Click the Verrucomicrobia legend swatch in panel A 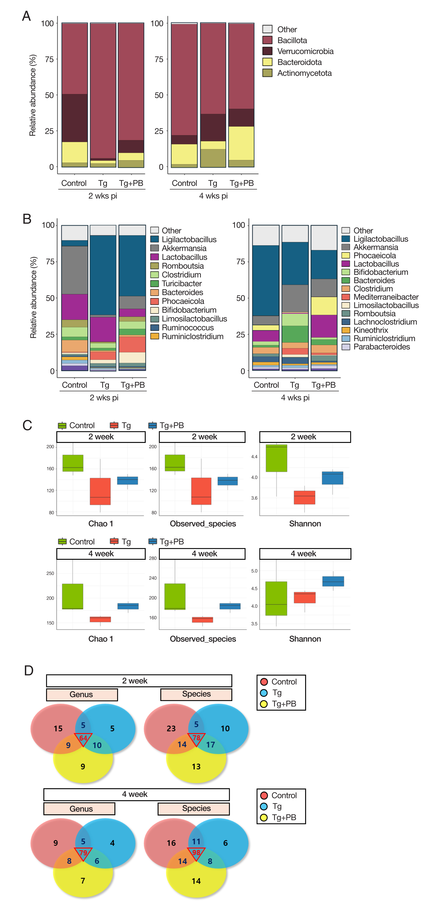tap(267, 51)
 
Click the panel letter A tap(27, 16)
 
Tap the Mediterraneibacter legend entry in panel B tap(386, 297)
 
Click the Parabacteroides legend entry tap(381, 347)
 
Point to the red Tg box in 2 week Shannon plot tap(305, 497)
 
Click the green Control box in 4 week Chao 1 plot tap(73, 597)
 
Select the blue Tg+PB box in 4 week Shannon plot tap(333, 581)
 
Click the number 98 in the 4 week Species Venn tap(196, 853)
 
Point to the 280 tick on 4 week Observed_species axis tap(153, 558)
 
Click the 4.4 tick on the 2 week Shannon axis tap(254, 457)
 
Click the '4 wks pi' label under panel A tap(213, 196)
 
